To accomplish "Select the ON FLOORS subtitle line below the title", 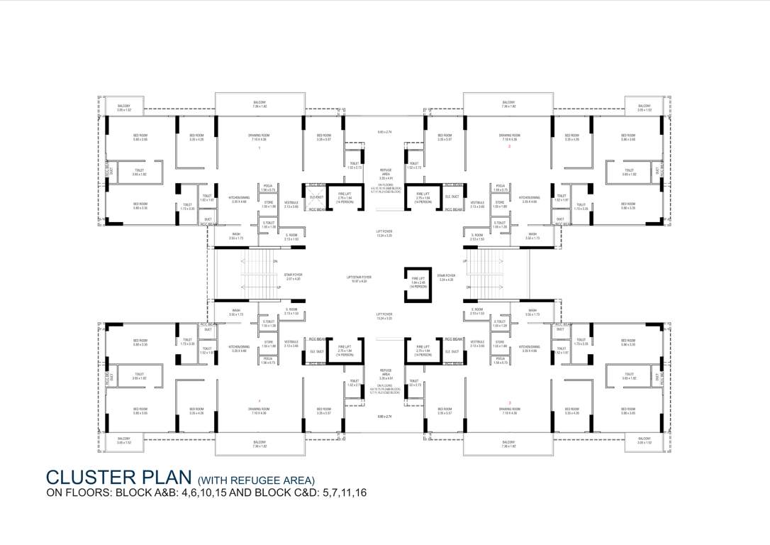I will tap(206, 492).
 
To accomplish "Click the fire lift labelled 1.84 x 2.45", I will tap(418, 282).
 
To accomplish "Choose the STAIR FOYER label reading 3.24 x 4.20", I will tap(446, 277).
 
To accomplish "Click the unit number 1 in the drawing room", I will tap(260, 148).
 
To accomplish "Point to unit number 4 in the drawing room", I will tap(260, 402).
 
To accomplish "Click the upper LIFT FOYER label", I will tap(384, 233).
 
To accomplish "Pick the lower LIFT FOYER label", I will tap(384, 314).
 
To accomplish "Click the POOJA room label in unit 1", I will tap(268, 189).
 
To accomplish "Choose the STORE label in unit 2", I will tap(500, 204).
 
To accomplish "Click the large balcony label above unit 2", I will tap(508, 104).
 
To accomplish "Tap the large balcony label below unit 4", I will tap(260, 444).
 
